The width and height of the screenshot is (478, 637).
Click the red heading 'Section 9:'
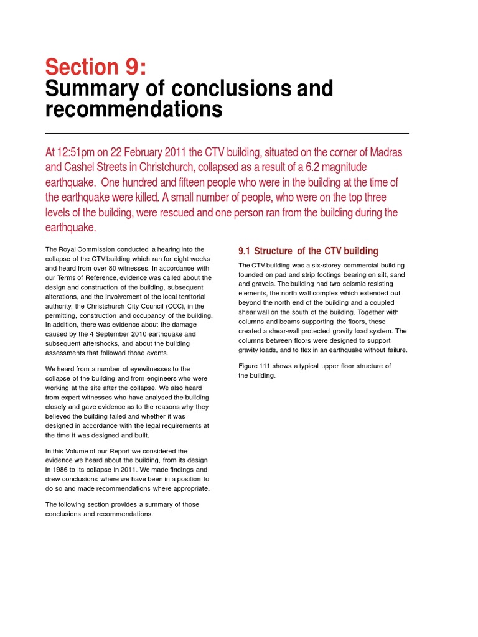(x=91, y=67)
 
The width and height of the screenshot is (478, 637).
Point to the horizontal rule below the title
(x=227, y=133)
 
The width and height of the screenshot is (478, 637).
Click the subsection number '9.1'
(x=244, y=251)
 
